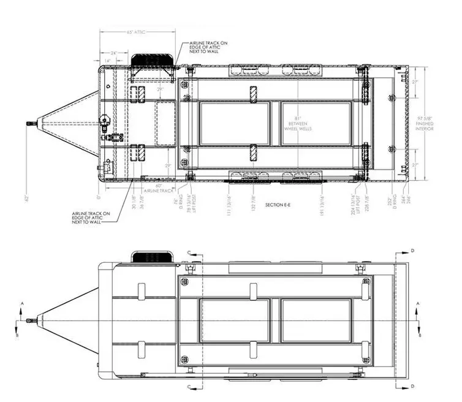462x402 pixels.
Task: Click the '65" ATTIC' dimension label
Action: coord(137,32)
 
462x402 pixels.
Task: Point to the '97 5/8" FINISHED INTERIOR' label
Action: coord(425,123)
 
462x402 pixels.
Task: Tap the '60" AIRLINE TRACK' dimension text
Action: coord(157,188)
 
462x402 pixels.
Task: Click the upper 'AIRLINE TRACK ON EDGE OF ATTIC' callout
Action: coord(207,47)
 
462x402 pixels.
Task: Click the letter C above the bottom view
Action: coord(189,251)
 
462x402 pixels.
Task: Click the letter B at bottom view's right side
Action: coord(419,335)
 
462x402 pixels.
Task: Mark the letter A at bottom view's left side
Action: coord(22,303)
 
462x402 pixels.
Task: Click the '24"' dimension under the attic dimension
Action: coord(113,53)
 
